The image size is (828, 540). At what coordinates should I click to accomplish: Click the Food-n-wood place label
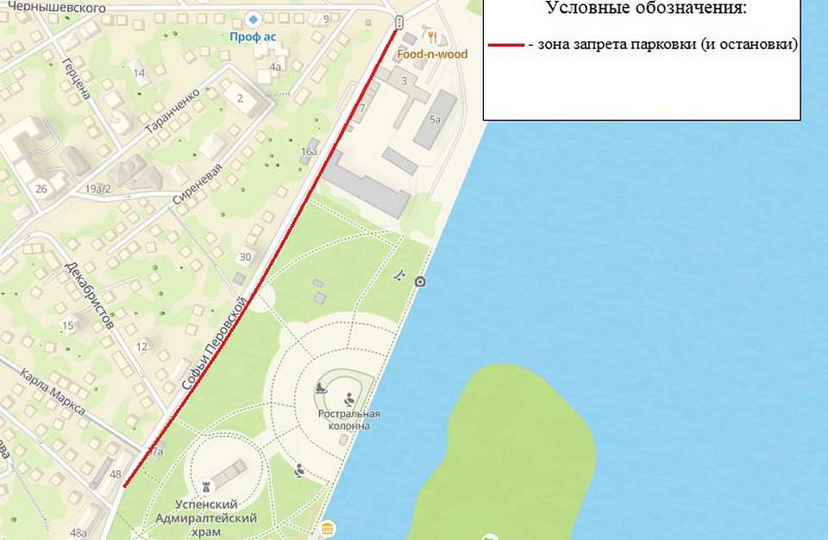(x=432, y=54)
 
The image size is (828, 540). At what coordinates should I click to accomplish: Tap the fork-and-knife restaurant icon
(x=432, y=37)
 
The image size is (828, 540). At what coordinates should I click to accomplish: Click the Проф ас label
(x=253, y=37)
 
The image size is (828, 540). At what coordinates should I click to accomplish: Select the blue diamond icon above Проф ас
(x=253, y=18)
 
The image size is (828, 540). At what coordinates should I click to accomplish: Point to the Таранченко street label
(x=172, y=110)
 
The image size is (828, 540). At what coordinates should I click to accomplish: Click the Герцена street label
(x=77, y=78)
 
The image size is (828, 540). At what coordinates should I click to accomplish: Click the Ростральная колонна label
(x=349, y=419)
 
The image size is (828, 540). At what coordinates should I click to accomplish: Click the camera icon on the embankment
(x=420, y=282)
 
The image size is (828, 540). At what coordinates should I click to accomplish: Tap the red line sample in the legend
(x=505, y=44)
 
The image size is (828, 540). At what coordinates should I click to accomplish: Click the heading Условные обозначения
(x=645, y=9)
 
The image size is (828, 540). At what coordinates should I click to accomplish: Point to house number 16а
(x=308, y=153)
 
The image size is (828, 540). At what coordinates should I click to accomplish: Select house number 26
(x=41, y=189)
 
